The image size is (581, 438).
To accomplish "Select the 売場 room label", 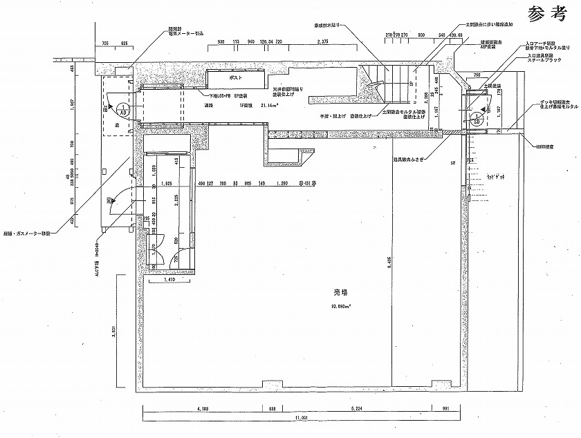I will [x=340, y=293].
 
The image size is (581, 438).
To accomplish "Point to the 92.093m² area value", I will [x=340, y=305].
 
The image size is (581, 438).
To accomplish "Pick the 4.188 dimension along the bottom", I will [x=203, y=409].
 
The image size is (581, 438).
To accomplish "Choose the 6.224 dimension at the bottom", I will [x=357, y=409].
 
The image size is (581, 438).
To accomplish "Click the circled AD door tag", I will [x=122, y=108].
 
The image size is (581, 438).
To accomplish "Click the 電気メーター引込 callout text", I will [x=186, y=33].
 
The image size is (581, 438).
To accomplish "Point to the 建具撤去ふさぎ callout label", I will [x=407, y=159].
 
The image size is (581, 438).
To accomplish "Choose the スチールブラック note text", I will [x=543, y=61].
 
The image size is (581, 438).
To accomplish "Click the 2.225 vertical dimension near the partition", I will [x=178, y=202].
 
